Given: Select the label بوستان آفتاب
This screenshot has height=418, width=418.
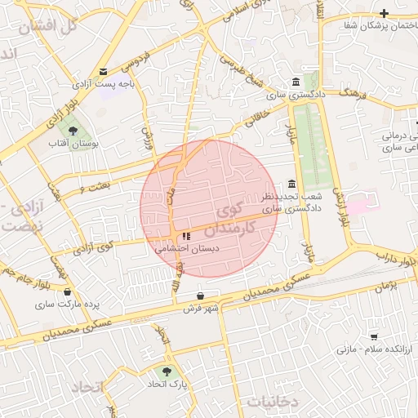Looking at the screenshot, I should (73, 144).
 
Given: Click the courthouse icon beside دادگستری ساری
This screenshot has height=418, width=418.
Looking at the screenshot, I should (295, 82).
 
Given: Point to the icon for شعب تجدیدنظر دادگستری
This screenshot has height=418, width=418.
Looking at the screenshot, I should (292, 184).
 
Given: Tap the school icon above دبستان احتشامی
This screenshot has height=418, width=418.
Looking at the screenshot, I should (175, 236).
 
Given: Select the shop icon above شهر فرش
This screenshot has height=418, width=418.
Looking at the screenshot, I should (201, 296).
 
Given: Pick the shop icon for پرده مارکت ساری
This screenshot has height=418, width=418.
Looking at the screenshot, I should (67, 292).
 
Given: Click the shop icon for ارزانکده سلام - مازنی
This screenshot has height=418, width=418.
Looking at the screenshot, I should (374, 336).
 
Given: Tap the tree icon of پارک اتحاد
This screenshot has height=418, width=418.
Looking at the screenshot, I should (167, 370).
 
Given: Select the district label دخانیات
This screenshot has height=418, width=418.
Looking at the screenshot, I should (273, 402).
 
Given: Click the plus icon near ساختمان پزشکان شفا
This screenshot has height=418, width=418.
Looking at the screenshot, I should (383, 12).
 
